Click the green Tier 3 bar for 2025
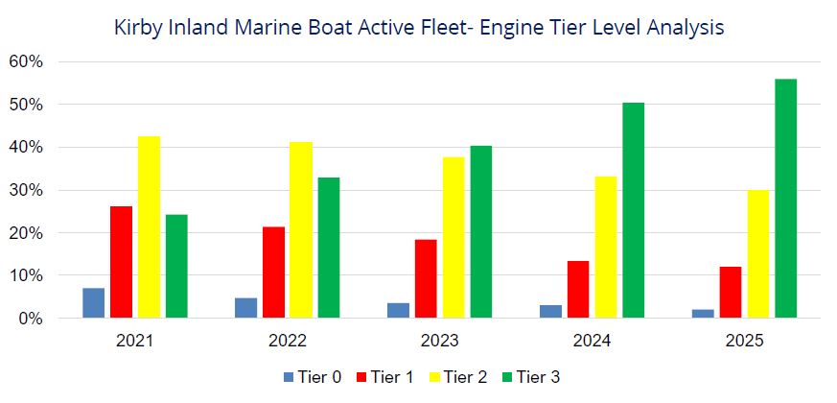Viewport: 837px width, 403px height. (786, 199)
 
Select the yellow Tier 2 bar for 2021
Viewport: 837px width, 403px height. (149, 227)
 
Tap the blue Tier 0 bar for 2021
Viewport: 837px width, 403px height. (93, 303)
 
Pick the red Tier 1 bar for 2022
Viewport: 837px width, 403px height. (274, 273)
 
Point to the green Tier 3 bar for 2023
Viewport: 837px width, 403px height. (481, 232)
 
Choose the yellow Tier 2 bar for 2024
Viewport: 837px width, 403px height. (606, 248)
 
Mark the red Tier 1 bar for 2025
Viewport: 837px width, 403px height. (731, 293)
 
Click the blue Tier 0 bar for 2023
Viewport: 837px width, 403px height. (398, 311)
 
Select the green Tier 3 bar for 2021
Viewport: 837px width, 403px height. (176, 266)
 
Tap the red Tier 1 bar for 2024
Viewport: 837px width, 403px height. (578, 289)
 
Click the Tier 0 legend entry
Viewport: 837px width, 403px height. (313, 377)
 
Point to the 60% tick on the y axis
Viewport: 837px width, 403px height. (27, 62)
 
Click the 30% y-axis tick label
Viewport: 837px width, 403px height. (27, 190)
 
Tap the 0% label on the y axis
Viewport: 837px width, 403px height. (32, 319)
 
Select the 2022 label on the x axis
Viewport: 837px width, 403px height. (288, 341)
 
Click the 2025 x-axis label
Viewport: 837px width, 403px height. (744, 341)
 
